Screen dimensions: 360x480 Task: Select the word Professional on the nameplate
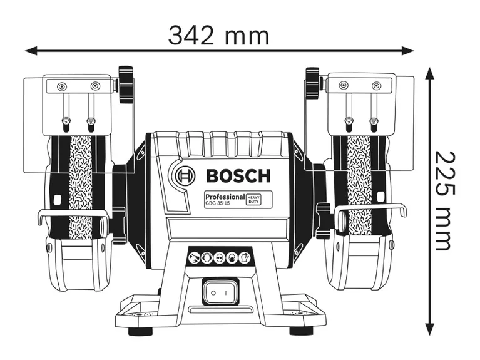coord(223,197)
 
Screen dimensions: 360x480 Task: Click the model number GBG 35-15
coord(218,204)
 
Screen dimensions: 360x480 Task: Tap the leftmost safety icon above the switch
coord(195,257)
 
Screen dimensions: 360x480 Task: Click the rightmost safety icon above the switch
coord(245,257)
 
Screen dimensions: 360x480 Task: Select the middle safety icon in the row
coord(220,257)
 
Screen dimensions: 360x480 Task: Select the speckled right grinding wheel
coord(359,182)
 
